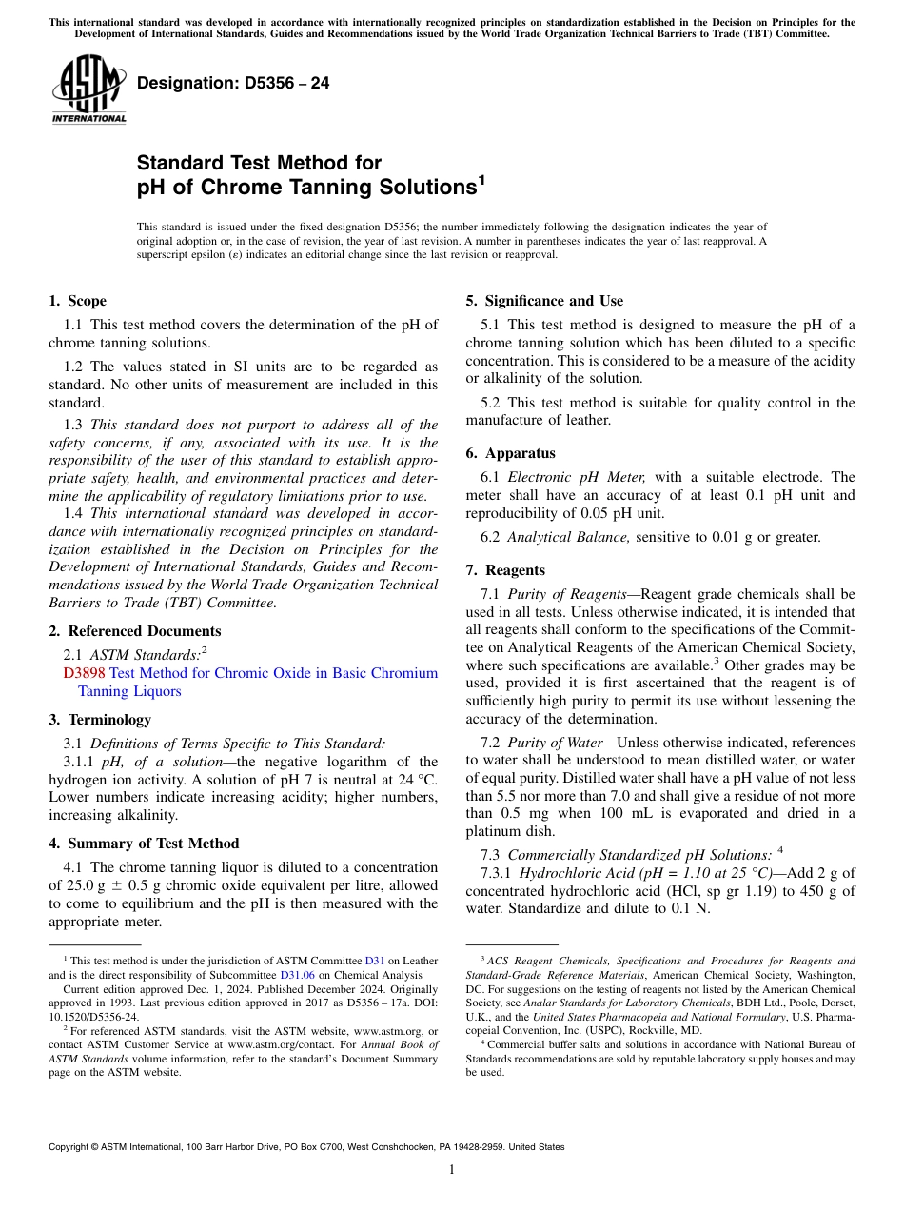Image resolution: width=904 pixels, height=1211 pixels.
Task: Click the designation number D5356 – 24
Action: click(233, 83)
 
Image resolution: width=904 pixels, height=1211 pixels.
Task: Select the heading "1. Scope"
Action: click(78, 301)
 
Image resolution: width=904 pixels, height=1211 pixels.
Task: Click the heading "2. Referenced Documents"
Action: click(135, 631)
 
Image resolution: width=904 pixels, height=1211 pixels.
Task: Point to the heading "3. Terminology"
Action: click(100, 720)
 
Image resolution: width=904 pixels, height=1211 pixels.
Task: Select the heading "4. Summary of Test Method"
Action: click(144, 844)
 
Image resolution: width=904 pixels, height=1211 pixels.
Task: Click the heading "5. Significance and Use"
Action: click(544, 301)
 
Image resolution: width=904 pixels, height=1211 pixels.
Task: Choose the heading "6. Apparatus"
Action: click(510, 453)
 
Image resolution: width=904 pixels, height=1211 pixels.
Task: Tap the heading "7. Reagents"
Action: click(505, 570)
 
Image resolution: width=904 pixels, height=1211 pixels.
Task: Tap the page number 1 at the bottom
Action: click(452, 1170)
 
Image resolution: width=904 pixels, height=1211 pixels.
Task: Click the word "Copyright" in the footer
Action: click(70, 1147)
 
